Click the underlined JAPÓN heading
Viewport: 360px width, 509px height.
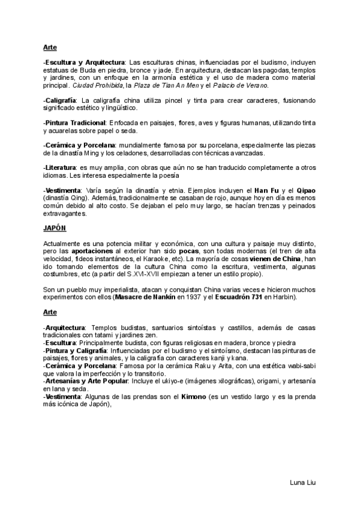point(55,229)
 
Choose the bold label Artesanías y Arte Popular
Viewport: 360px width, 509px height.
point(83,382)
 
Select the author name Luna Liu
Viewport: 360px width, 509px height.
point(303,481)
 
